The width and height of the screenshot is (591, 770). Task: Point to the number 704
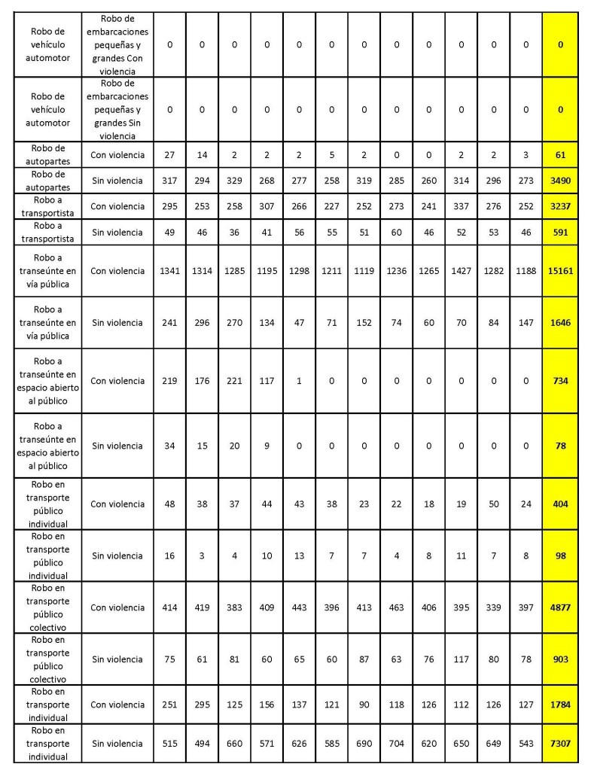(397, 744)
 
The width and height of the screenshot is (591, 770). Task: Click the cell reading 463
(397, 607)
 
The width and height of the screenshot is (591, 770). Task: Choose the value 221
(234, 381)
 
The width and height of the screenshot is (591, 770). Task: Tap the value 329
(234, 181)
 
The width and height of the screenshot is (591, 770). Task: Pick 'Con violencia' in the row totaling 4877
(117, 607)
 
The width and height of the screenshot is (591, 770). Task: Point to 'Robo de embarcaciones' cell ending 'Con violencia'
(117, 44)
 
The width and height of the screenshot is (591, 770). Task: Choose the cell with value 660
(234, 744)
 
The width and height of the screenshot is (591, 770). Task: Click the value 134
(267, 323)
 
